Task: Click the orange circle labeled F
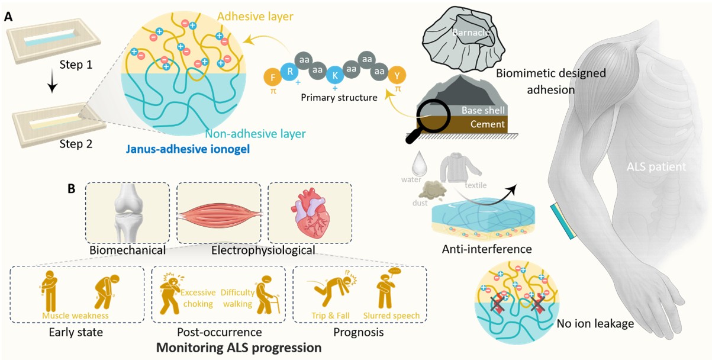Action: [x=273, y=78]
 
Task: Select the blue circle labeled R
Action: [x=289, y=72]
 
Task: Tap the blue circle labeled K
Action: [x=335, y=75]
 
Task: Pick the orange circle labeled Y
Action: [x=397, y=75]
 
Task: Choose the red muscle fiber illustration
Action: [x=219, y=216]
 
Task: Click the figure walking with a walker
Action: [x=267, y=295]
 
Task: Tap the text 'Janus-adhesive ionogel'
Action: [x=188, y=149]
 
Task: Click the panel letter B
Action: [x=71, y=189]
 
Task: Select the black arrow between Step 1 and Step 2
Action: [x=52, y=83]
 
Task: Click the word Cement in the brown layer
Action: [x=487, y=124]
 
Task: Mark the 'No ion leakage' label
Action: [x=595, y=323]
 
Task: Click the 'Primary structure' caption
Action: [x=339, y=97]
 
